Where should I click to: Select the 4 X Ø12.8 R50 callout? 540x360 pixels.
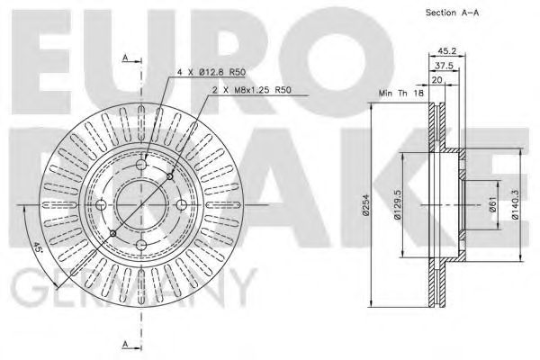coord(211,72)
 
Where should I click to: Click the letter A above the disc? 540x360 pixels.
coord(124,58)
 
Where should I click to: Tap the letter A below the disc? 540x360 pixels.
coord(124,344)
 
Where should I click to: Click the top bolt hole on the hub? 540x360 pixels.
coord(141,164)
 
